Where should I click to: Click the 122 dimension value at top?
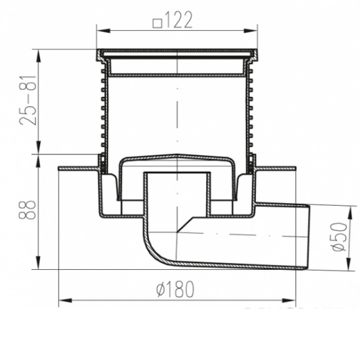coord(178,20)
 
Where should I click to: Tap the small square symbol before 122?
coord(158,23)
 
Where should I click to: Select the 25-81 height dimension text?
coord(28,100)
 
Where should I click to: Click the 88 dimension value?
coord(27,210)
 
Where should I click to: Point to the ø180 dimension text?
coord(176,289)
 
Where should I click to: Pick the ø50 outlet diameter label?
coord(339,236)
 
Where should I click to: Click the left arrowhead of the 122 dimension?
coord(104,31)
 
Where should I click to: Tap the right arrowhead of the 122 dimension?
coord(250,31)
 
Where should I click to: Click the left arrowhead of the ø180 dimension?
coord(65,301)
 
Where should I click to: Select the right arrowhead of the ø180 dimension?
coord(289,301)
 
